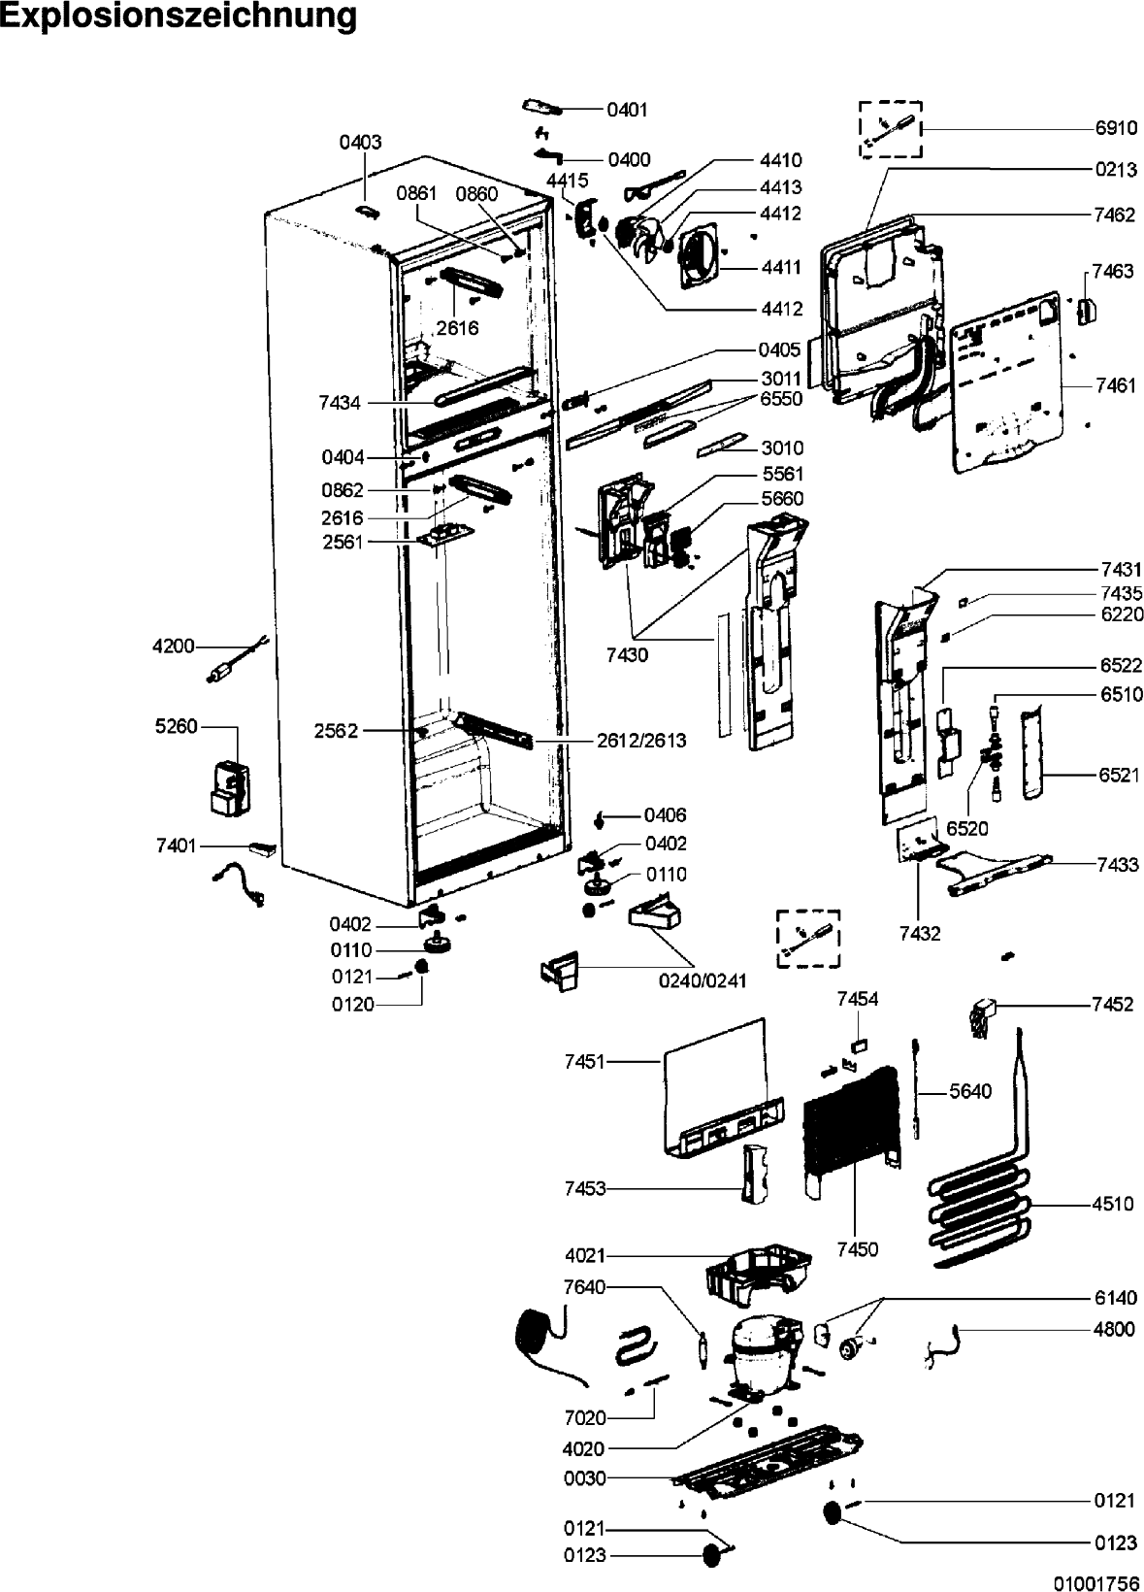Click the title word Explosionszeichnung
pos(180,16)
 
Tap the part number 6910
pos(1116,129)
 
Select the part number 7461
pos(1116,386)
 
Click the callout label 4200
pos(174,647)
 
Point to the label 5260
pos(177,726)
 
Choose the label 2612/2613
pos(641,741)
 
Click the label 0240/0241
pos(703,980)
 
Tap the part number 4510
pos(1114,1204)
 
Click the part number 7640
pos(585,1287)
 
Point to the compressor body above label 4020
pos(763,1358)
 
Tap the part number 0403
pos(360,142)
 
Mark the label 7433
pos(1118,864)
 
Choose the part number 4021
pos(585,1255)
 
